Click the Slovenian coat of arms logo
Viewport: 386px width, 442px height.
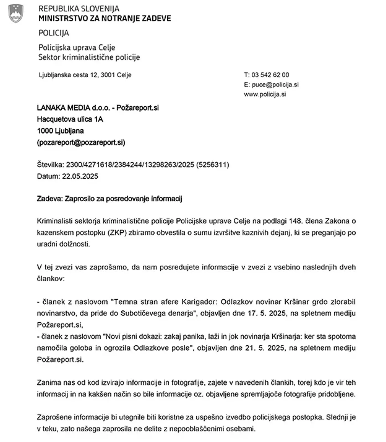click(x=16, y=13)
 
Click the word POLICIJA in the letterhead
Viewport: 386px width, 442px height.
click(x=54, y=33)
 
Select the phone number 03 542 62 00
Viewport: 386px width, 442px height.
click(x=270, y=75)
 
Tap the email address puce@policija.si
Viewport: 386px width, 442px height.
click(x=275, y=84)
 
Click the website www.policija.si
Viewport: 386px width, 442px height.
click(x=265, y=94)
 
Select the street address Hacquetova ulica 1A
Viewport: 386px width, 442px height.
click(x=70, y=119)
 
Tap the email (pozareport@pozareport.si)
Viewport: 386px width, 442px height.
click(x=81, y=142)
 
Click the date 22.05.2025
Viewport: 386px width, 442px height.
click(x=80, y=176)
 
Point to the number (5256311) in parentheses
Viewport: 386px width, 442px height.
click(x=213, y=165)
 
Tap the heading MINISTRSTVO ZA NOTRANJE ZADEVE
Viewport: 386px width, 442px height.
click(x=105, y=19)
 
